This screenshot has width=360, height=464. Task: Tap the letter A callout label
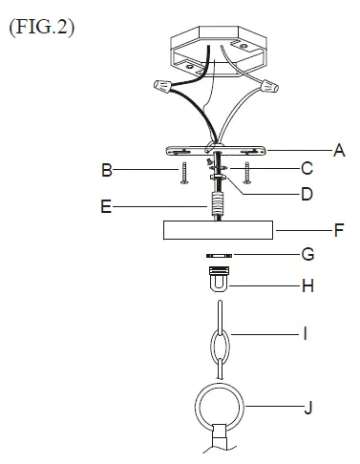tap(338, 150)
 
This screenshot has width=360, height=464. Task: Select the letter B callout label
tap(108, 171)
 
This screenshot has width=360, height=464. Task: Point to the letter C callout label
tap(307, 170)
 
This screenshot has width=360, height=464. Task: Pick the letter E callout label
tap(106, 204)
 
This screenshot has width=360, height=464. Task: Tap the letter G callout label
tap(307, 256)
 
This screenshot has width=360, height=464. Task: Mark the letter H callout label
tap(307, 285)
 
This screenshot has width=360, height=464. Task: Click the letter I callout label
tap(307, 334)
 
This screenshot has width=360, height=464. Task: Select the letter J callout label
tap(307, 408)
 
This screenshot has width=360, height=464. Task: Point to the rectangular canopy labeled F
tap(219, 232)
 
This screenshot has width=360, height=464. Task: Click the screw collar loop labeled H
tap(219, 280)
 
